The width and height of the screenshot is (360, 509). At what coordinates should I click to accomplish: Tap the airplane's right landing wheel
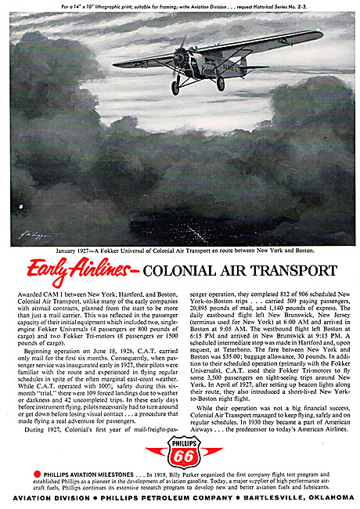[x=221, y=83]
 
